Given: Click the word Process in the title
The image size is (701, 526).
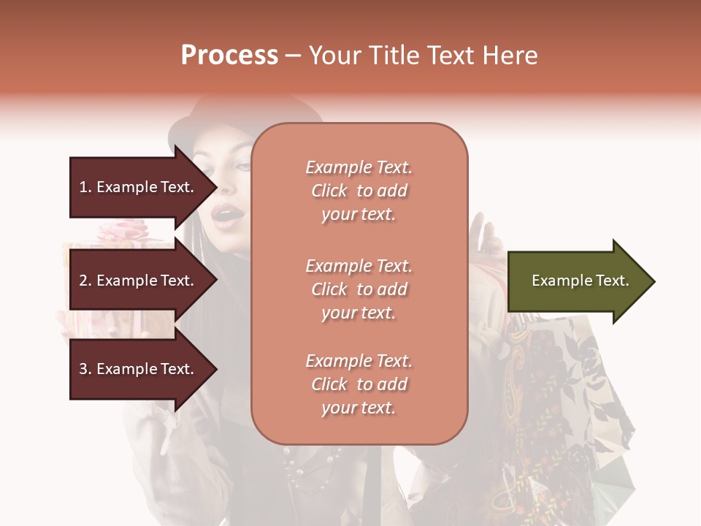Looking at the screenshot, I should pos(229,56).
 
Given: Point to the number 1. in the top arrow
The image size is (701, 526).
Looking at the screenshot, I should pos(85,187).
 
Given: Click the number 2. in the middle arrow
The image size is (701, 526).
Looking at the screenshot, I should pos(85,281).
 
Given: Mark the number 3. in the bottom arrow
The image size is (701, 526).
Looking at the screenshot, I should pos(85,369).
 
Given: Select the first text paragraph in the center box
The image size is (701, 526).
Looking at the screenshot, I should pos(359,191).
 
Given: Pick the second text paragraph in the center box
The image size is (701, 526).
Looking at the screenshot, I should pos(359,289).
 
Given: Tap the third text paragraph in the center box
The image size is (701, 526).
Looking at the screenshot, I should pos(359,384).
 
